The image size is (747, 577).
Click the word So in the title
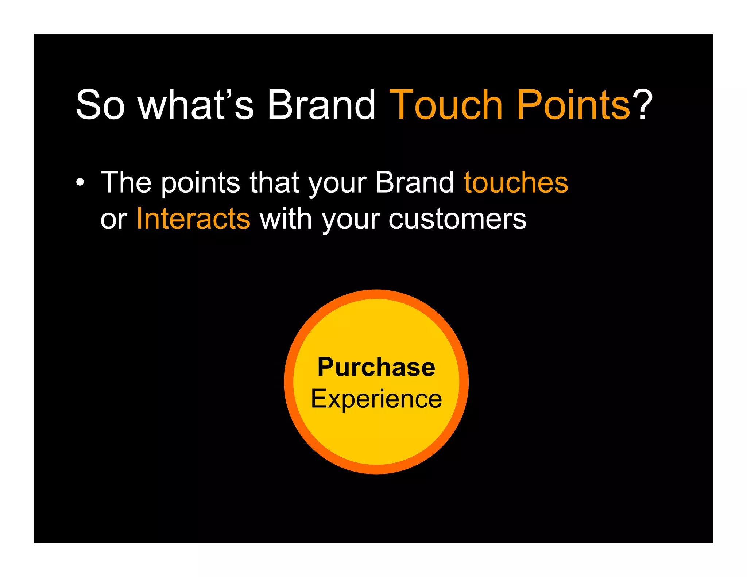100,105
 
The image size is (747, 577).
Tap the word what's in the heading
196,105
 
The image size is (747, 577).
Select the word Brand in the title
321,105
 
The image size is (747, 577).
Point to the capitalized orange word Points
573,105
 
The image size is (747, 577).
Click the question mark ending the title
643,105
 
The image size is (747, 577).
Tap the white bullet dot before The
80,182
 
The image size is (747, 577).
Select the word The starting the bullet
126,182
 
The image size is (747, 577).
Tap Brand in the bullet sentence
415,182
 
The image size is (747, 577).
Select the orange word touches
516,182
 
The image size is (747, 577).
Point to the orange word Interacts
193,219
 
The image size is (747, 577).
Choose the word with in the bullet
285,219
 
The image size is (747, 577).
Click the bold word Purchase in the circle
376,367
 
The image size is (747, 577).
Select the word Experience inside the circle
376,399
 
